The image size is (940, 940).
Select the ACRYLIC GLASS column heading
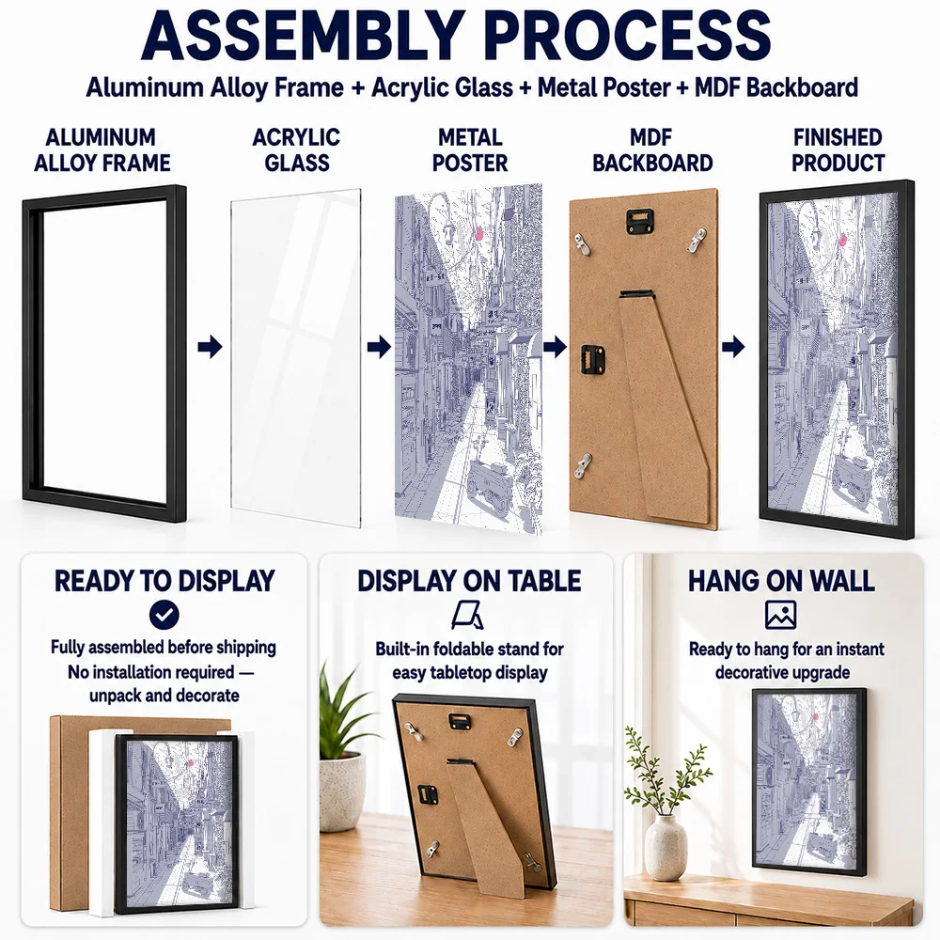tap(296, 149)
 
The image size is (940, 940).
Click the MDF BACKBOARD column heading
tap(652, 149)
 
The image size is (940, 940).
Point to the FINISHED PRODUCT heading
tap(838, 149)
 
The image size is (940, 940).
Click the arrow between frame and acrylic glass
tap(210, 347)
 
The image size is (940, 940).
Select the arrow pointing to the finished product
tap(733, 347)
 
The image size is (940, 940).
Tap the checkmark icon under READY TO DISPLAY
tap(164, 615)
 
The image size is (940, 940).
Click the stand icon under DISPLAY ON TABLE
tap(467, 616)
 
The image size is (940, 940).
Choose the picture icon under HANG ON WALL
tap(780, 615)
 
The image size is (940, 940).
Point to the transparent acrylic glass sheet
tap(296, 358)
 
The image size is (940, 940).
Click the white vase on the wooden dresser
tap(666, 847)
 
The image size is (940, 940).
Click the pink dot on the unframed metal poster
tap(478, 233)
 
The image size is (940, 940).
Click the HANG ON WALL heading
tap(781, 581)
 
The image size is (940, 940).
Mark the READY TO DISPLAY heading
tap(164, 581)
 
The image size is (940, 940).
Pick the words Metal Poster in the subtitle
tap(603, 87)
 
